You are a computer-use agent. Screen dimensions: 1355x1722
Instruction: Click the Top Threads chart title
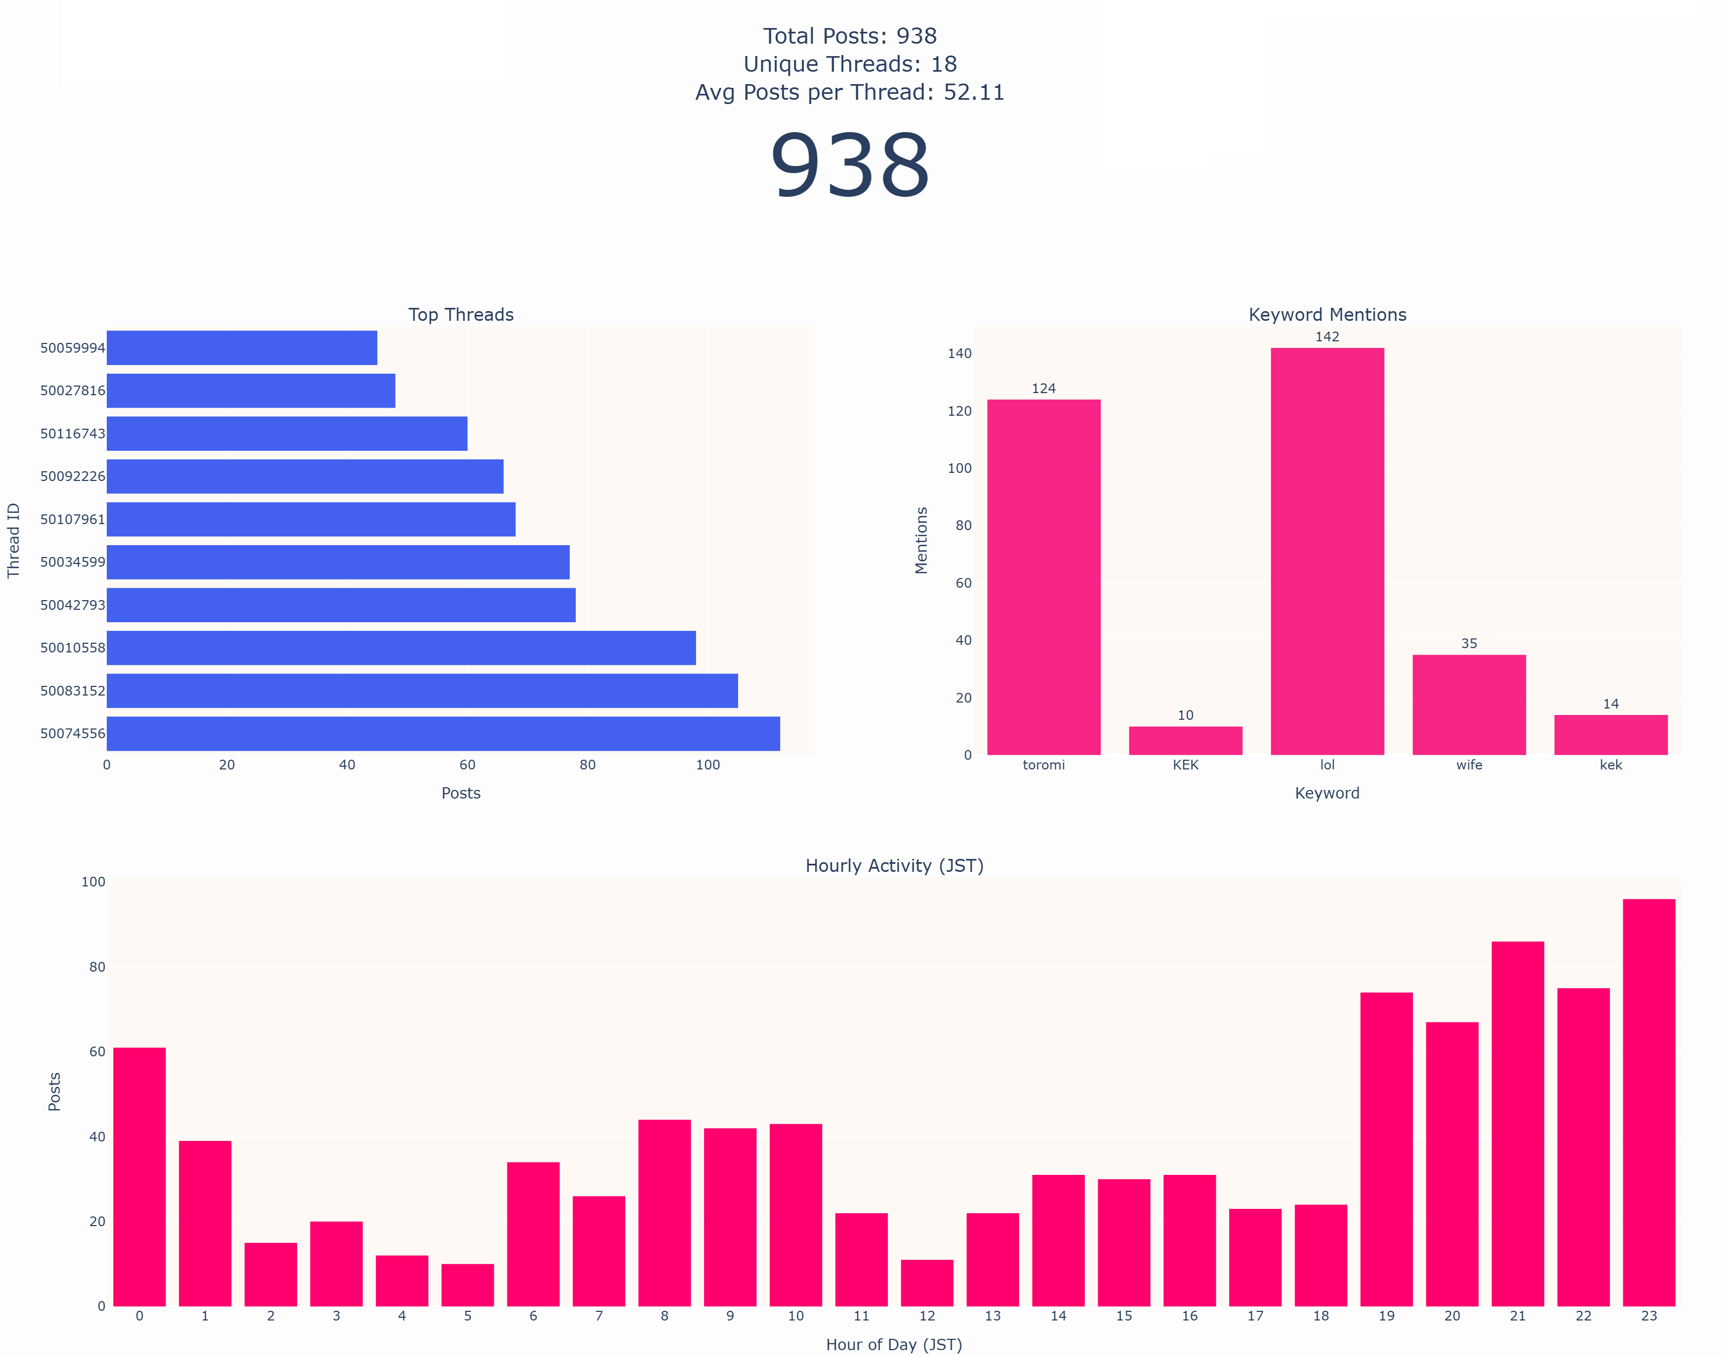tap(461, 315)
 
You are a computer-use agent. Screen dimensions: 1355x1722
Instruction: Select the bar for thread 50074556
tap(443, 734)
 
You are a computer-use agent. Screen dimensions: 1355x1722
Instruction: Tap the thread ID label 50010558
tap(72, 648)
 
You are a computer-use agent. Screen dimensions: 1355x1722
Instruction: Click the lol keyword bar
tap(1327, 552)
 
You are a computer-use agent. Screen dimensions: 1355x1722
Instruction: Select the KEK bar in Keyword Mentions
tap(1185, 740)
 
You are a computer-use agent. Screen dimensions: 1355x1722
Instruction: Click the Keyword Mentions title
tap(1327, 315)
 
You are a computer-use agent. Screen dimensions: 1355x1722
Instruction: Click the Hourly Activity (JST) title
tap(894, 865)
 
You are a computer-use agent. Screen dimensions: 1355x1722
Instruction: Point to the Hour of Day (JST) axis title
tap(894, 1345)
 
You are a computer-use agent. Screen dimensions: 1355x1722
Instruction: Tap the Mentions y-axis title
tap(921, 540)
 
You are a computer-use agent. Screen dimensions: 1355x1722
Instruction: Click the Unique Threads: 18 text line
tap(850, 64)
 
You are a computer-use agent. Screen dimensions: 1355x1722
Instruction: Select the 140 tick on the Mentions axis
tap(959, 354)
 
